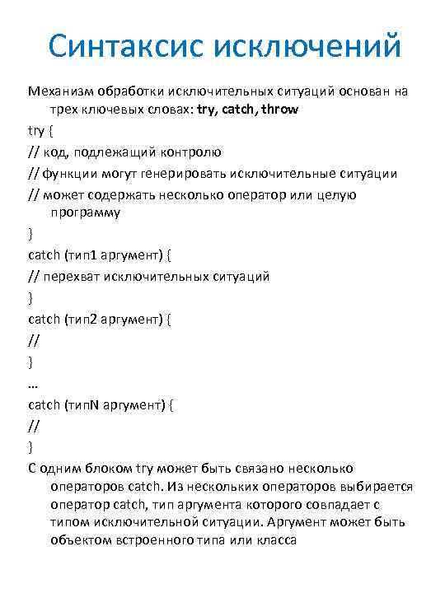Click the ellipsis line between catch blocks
(x=33, y=383)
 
